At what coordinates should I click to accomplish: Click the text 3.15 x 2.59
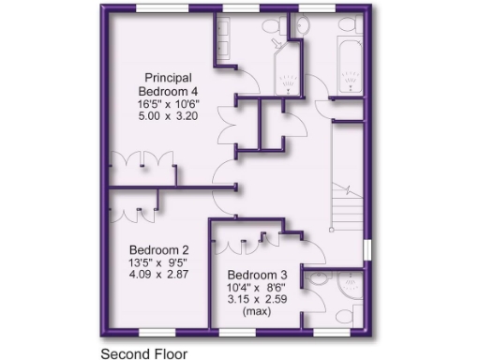pyautogui.click(x=255, y=299)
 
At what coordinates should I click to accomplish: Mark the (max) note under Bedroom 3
pyautogui.click(x=255, y=311)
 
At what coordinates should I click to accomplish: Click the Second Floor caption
pyautogui.click(x=143, y=353)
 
